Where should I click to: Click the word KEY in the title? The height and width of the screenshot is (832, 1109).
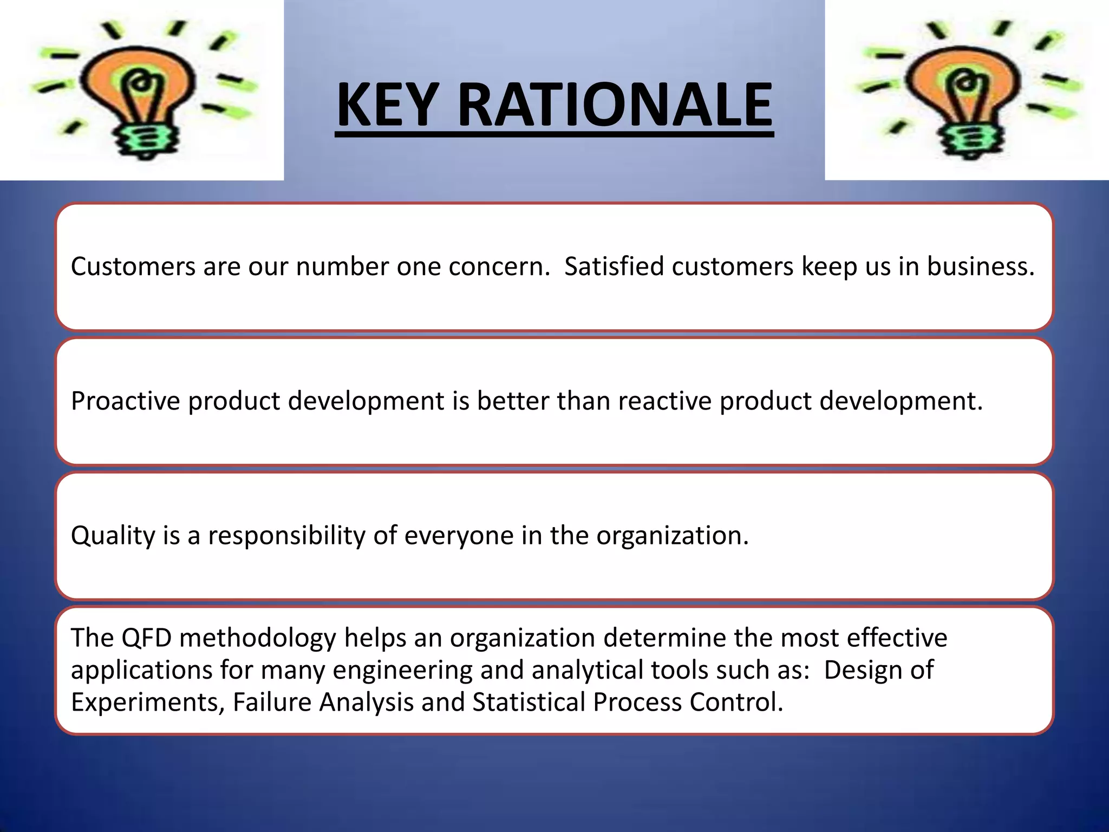click(x=386, y=105)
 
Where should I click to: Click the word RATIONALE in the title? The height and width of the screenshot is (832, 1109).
click(x=615, y=105)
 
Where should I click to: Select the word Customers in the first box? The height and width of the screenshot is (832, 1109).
click(x=133, y=266)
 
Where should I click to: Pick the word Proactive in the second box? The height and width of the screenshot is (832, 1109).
click(x=125, y=401)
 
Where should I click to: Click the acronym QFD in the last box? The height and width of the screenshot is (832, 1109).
click(x=146, y=638)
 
